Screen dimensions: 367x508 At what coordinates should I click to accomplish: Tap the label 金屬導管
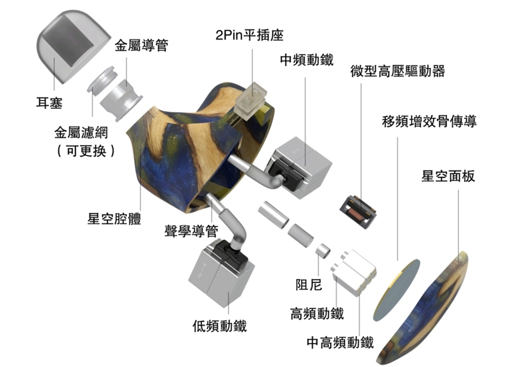(x=141, y=45)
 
